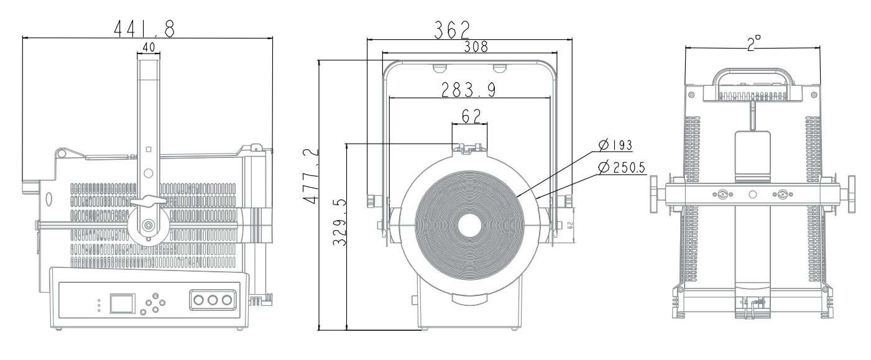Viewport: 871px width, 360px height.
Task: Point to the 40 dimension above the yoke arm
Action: point(148,47)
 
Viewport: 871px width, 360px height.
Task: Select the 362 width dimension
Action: point(452,29)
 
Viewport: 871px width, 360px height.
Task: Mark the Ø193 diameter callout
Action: point(615,145)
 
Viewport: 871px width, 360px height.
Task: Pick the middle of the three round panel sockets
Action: point(213,300)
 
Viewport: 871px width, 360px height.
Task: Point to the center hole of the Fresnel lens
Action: point(469,226)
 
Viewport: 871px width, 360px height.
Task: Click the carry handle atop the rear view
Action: point(752,78)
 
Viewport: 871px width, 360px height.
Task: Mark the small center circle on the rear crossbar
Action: point(753,195)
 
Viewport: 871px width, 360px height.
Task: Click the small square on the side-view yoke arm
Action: point(148,149)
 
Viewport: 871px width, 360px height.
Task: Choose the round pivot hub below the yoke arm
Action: point(149,224)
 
